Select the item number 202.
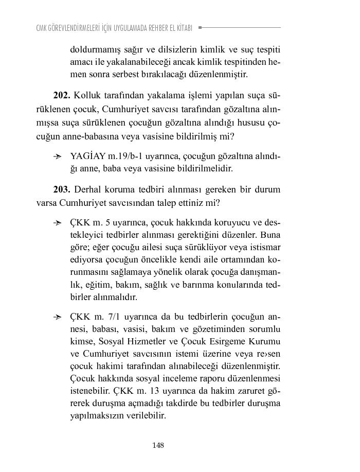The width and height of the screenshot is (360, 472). (62, 96)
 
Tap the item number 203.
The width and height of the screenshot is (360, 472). (62, 189)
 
